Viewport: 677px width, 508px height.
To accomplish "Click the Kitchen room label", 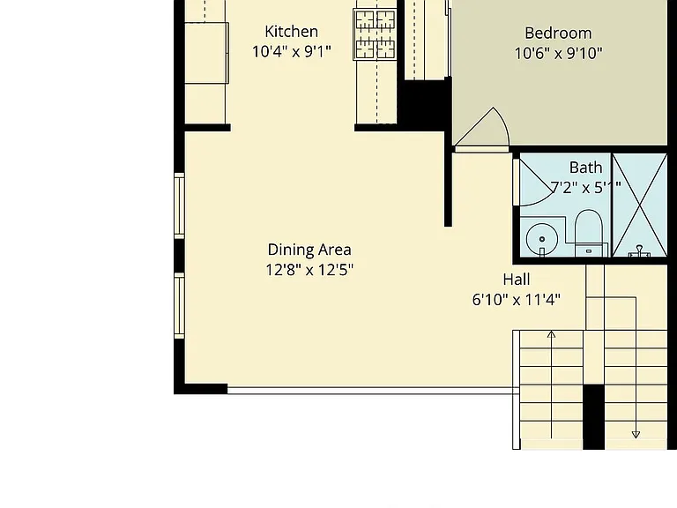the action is (x=292, y=32).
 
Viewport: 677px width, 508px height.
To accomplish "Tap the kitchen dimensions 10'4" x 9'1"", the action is (x=292, y=51).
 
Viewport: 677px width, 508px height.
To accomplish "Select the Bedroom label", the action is (x=558, y=34).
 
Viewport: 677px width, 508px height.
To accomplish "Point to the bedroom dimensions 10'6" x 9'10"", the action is (x=558, y=54).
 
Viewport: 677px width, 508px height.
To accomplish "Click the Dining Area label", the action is (x=309, y=250).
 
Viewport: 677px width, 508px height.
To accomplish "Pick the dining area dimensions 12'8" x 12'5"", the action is (x=309, y=270).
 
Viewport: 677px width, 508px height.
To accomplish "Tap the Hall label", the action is (x=517, y=280).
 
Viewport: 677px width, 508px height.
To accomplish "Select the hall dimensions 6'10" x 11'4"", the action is (x=517, y=299).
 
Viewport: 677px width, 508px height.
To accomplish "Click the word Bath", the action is (x=585, y=168).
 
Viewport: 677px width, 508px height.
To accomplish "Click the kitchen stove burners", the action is (x=375, y=34).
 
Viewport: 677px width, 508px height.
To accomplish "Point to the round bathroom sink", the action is (x=542, y=239).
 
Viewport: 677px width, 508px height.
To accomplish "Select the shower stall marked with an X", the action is (x=640, y=205).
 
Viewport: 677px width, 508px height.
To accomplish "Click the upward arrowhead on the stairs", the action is (x=551, y=334).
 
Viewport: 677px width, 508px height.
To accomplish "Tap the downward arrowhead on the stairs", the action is (x=636, y=435).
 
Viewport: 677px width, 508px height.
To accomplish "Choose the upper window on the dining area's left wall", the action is (x=179, y=205).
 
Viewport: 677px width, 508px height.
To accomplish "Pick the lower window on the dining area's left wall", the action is (x=179, y=305).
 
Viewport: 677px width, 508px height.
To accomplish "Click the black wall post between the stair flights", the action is (x=593, y=417).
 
